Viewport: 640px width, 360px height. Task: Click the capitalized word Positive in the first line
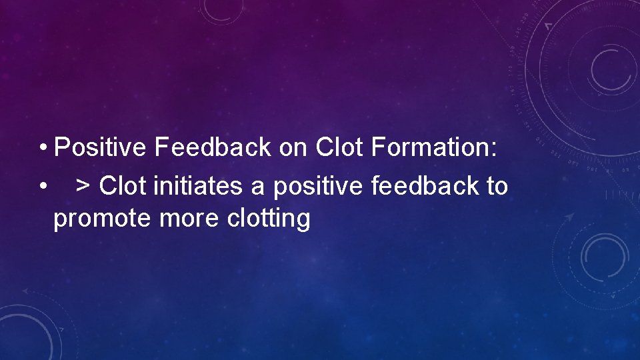[100, 148]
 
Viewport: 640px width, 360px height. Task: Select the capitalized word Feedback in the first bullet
[213, 148]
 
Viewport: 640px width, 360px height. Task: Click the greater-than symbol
[84, 187]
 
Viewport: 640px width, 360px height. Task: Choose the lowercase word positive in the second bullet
[313, 187]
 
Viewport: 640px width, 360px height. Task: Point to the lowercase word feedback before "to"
[422, 186]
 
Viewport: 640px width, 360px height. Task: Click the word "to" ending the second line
[497, 186]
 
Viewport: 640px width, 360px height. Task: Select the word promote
[103, 219]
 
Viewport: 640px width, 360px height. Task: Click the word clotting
[268, 219]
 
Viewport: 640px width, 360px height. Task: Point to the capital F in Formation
[377, 148]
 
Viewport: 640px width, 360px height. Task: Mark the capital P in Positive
[62, 148]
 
